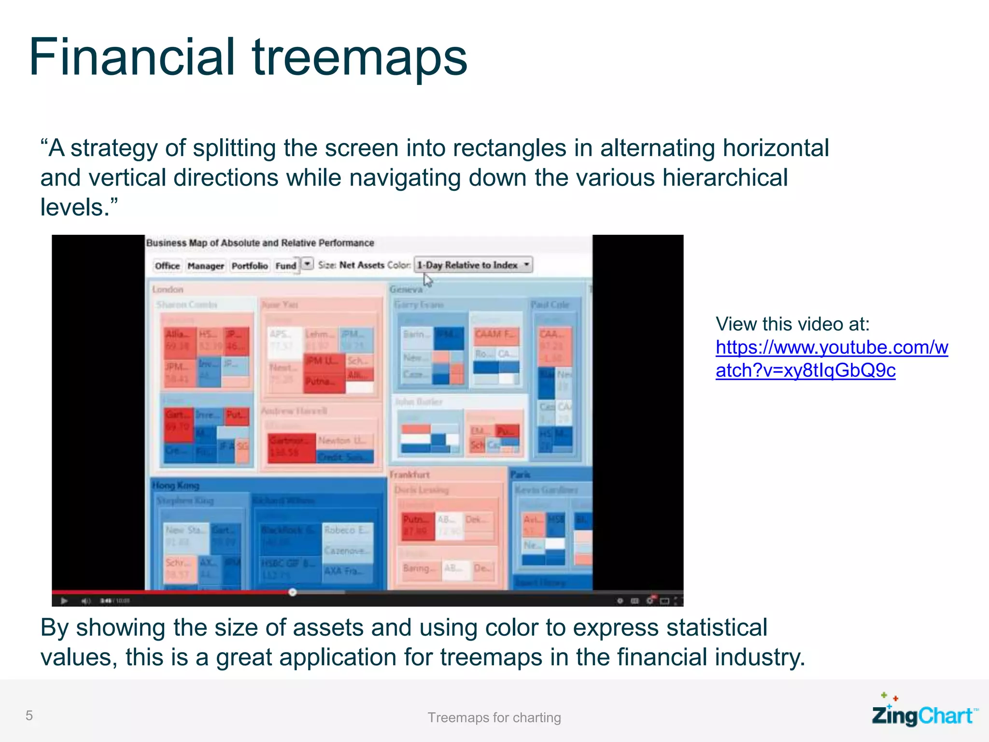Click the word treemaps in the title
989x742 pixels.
359,58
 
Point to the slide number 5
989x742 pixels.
29,715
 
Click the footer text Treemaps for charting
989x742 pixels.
494,717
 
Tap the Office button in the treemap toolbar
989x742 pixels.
167,266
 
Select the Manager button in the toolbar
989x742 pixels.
206,266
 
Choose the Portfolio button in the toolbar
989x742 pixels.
250,266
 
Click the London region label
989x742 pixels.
168,289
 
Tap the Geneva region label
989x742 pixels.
406,289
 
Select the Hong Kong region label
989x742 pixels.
176,485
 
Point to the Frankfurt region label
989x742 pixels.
410,474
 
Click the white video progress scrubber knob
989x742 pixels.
293,592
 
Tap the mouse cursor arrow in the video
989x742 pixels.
428,280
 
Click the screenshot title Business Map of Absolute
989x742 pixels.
260,243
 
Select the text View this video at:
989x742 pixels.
792,324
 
